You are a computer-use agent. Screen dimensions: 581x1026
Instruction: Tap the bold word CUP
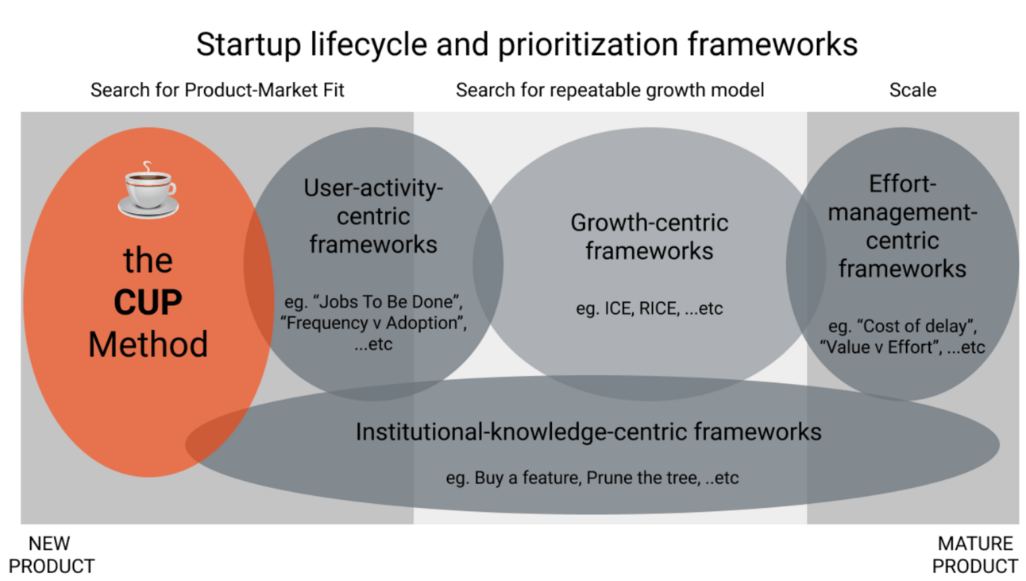click(x=148, y=303)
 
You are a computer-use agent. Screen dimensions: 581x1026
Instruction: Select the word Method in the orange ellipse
click(x=148, y=344)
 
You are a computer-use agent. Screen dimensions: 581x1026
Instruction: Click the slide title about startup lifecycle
click(x=526, y=45)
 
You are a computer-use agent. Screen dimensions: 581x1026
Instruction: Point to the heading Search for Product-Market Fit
click(x=218, y=90)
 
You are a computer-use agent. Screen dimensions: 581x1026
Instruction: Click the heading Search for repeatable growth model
click(x=610, y=90)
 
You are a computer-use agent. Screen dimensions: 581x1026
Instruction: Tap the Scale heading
click(x=912, y=90)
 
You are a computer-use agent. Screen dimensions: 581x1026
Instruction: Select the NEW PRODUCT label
click(x=51, y=555)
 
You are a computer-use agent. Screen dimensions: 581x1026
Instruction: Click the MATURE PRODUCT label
click(x=975, y=555)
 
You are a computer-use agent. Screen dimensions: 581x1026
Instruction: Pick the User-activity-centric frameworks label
click(x=373, y=216)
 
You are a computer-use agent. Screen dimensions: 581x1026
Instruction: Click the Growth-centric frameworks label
click(x=649, y=237)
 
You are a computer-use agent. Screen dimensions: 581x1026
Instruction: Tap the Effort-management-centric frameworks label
click(x=902, y=227)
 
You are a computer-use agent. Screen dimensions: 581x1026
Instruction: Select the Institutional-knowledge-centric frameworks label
click(x=588, y=432)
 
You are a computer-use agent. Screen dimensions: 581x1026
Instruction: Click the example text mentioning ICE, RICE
click(x=649, y=308)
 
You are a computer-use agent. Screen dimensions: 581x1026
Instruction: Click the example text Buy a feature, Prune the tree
click(x=592, y=478)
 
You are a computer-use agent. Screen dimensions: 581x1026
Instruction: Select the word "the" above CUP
click(x=148, y=260)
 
